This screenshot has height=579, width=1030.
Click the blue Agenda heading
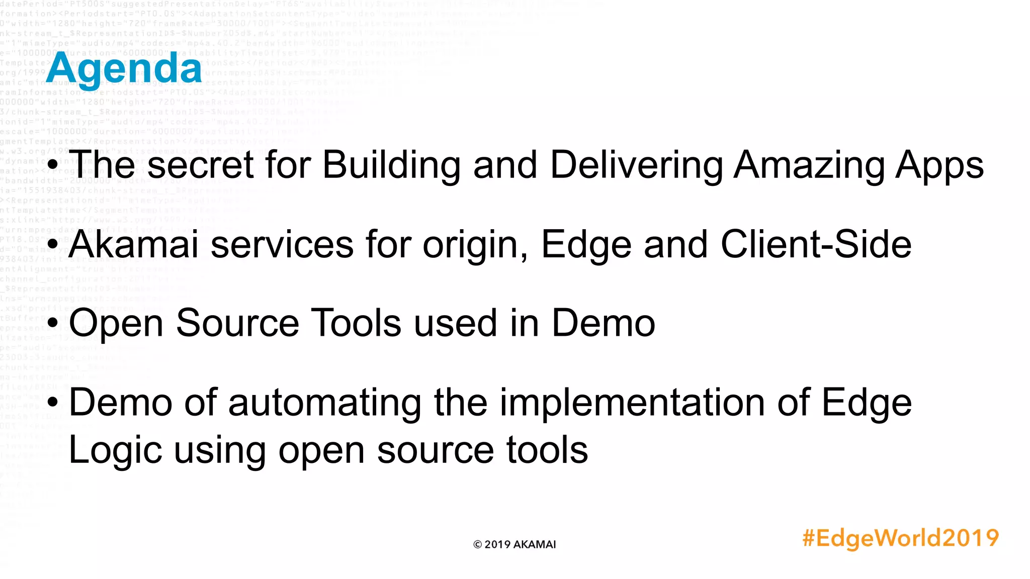[124, 69]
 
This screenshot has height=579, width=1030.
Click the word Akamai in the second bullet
[134, 244]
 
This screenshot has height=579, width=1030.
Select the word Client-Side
[816, 244]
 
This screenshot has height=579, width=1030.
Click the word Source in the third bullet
[237, 323]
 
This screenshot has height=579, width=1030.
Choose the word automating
[325, 403]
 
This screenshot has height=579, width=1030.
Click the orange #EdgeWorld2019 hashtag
[900, 538]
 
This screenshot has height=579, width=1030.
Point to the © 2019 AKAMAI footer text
[514, 544]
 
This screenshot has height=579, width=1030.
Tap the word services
[282, 244]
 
